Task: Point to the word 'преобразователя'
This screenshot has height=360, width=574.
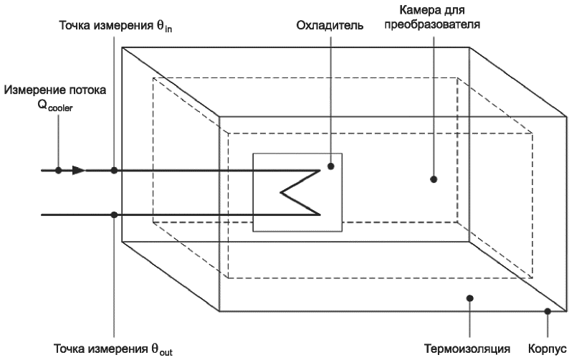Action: [440, 24]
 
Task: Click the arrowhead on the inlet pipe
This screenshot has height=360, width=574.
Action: [79, 171]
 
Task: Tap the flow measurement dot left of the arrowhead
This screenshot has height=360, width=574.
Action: [59, 171]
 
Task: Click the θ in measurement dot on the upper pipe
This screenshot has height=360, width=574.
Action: [115, 171]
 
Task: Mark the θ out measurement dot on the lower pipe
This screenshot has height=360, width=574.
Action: [115, 214]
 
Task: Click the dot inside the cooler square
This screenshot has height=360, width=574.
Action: [331, 166]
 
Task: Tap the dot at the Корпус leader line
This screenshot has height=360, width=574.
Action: [547, 311]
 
